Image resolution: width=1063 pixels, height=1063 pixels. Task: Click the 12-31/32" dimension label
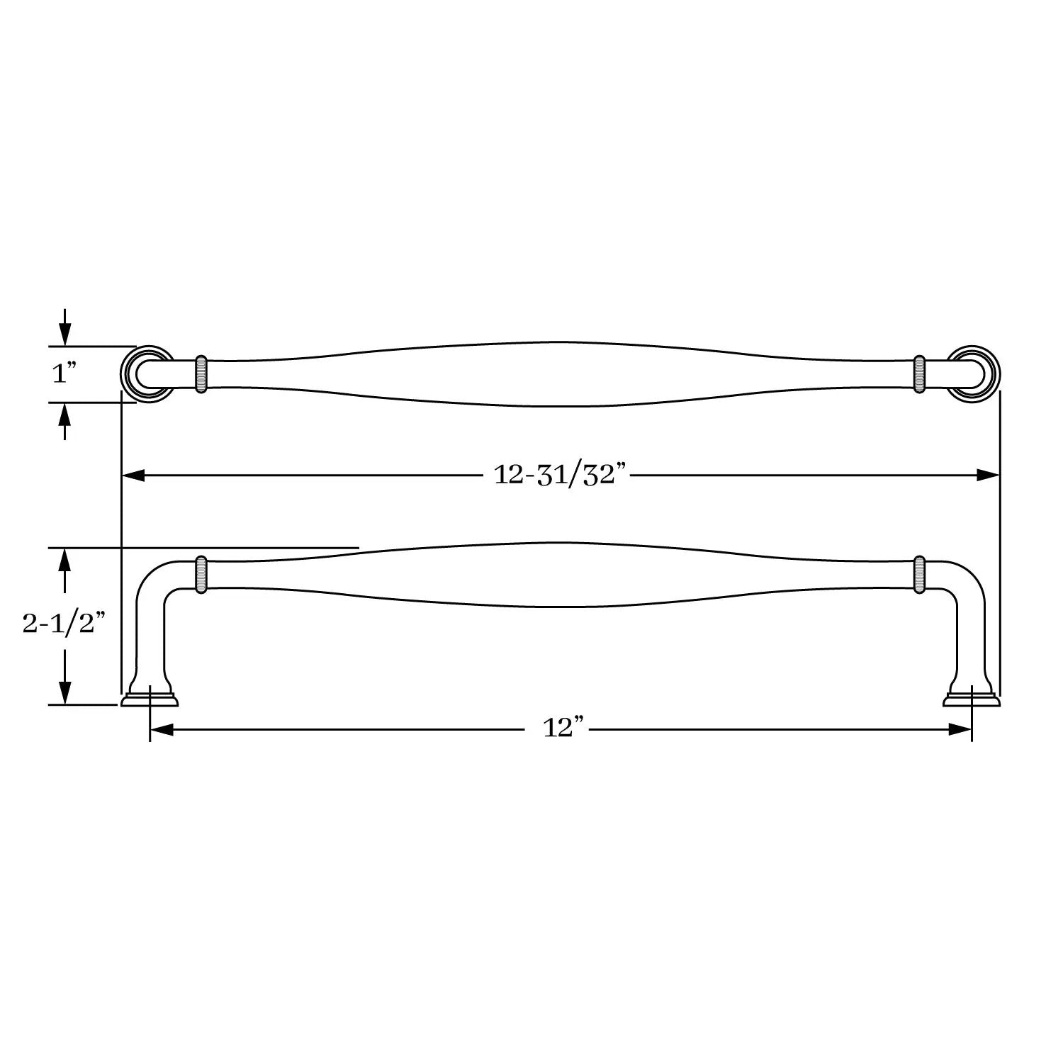[x=561, y=476]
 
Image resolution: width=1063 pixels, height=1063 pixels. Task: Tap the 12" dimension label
[x=563, y=729]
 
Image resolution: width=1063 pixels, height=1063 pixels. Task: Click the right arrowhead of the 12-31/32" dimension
[x=987, y=476]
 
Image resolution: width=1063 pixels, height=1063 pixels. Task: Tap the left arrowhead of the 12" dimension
[x=162, y=729]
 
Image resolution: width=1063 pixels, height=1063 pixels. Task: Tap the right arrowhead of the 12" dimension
[x=960, y=729]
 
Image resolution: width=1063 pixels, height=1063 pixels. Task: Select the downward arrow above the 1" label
[x=64, y=327]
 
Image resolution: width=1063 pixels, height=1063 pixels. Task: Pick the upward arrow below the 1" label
[x=64, y=422]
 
